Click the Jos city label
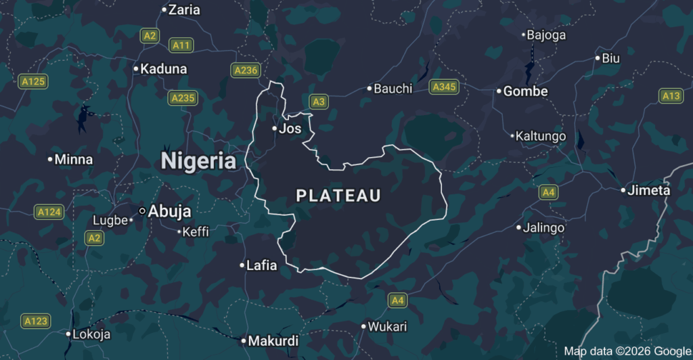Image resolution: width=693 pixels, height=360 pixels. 290,129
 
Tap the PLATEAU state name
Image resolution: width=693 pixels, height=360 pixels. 338,196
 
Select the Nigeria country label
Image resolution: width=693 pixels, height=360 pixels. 198,161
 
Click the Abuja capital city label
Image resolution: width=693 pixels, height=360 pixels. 169,211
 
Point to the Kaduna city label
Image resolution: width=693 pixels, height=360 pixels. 164,69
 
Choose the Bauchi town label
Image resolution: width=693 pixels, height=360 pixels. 393,89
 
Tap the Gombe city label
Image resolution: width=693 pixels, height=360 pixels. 526,91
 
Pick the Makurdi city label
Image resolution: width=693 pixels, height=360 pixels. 273,341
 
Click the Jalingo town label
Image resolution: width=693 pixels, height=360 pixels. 544,228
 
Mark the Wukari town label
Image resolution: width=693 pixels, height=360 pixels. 388,327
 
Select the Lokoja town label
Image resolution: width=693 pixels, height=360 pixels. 91,334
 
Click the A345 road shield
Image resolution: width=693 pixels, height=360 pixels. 444,87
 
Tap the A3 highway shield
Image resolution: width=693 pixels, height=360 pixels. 319,102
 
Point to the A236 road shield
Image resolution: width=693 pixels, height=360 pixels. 245,70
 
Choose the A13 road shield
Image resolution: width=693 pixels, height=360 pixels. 671,96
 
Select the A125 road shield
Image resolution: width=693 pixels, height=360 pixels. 33,82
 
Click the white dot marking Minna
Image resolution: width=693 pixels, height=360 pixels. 50,160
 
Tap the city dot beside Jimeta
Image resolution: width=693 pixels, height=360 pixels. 623,190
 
